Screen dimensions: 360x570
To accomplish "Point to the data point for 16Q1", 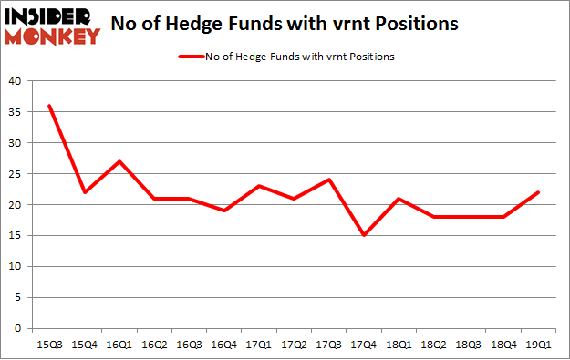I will [119, 161].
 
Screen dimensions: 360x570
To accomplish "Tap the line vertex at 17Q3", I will [329, 180].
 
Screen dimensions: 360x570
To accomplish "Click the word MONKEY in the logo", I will [52, 37].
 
